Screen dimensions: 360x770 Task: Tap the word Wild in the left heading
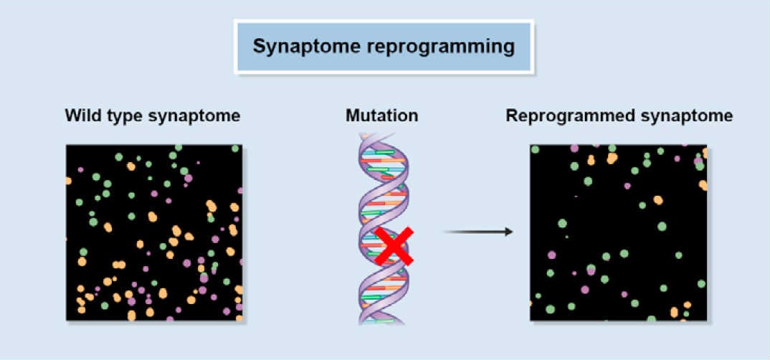click(80, 115)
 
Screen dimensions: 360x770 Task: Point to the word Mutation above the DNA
click(381, 115)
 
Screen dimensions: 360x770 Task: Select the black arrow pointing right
click(477, 232)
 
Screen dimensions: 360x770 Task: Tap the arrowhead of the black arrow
click(509, 232)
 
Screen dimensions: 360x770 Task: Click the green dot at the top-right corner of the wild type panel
click(235, 148)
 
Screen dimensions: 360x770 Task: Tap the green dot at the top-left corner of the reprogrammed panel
click(535, 149)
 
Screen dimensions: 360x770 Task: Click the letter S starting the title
click(258, 47)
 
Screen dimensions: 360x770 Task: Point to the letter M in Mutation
click(351, 115)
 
